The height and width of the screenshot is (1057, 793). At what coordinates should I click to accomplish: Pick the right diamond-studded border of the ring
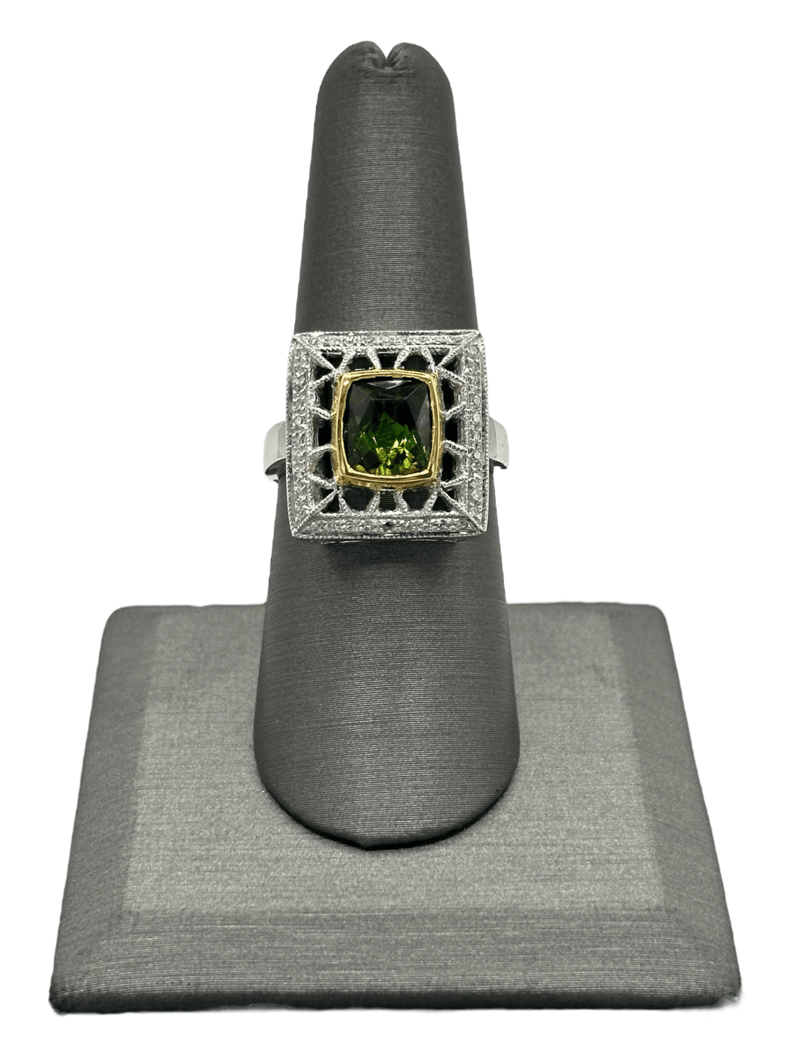pos(472,433)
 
